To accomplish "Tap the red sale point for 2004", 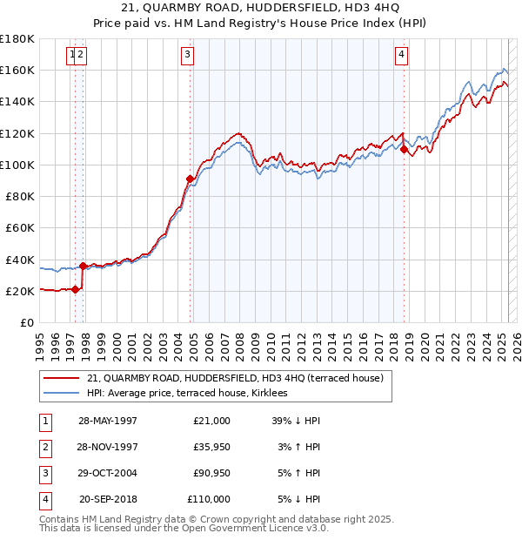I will coord(190,179).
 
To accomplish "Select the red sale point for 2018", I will coord(405,149).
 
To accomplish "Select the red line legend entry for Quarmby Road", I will coord(239,378).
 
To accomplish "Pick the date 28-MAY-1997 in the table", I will coord(107,421).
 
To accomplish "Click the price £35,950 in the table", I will coord(211,447).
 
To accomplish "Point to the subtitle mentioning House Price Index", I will coord(260,25).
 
